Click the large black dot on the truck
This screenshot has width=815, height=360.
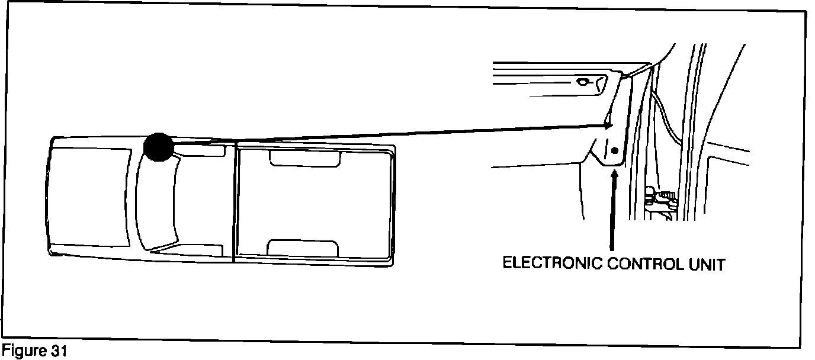(158, 147)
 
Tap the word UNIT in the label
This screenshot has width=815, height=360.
(707, 264)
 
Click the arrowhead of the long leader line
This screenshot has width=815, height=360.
(608, 125)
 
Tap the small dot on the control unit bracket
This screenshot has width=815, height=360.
(614, 150)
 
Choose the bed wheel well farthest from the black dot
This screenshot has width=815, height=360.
(303, 247)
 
